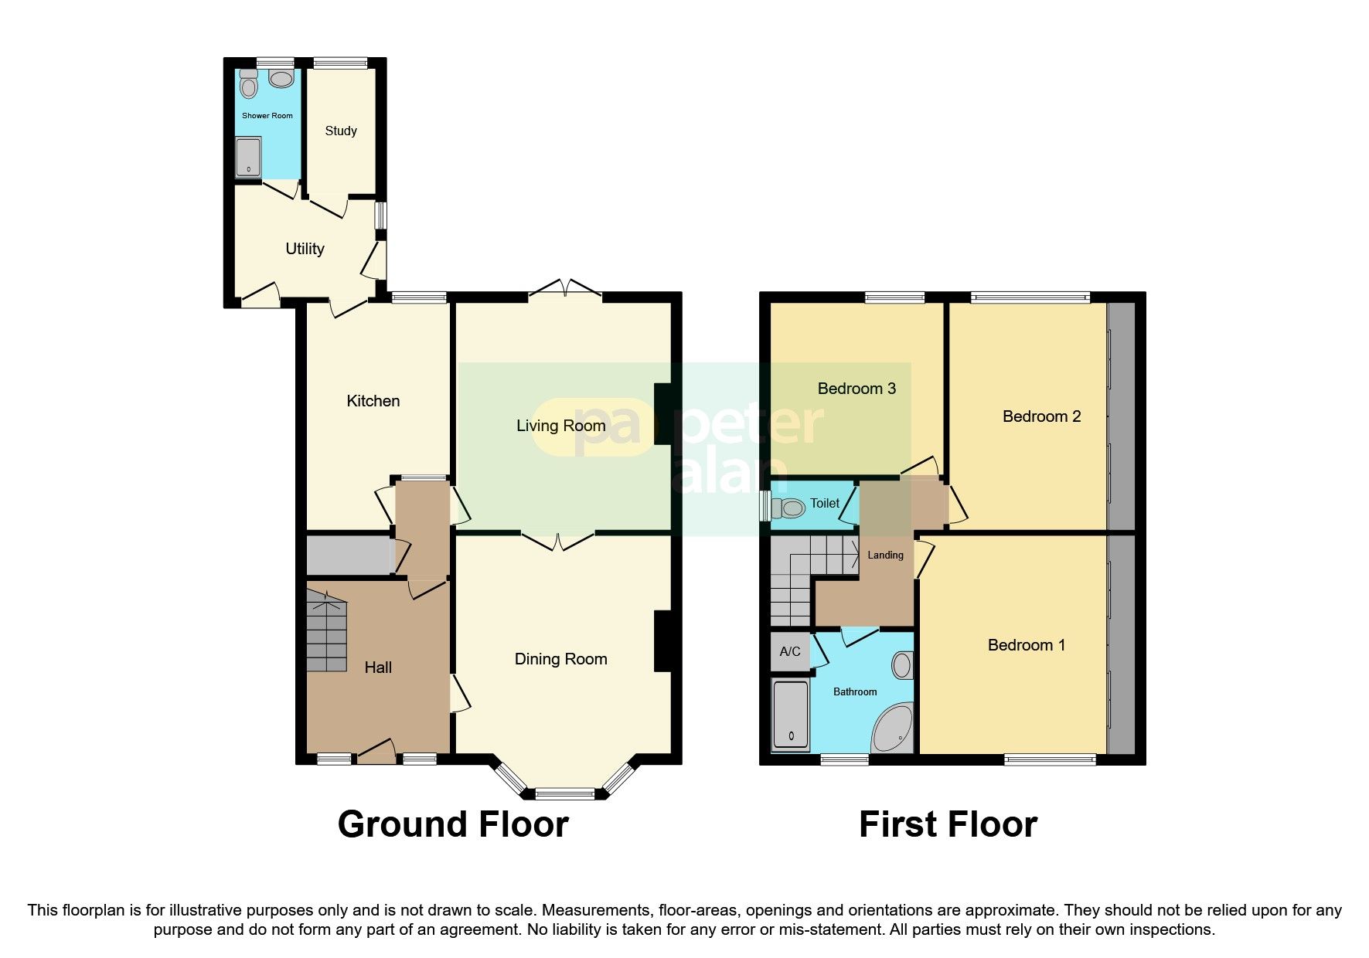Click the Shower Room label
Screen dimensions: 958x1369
267,116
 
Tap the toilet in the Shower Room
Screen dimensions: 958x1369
248,84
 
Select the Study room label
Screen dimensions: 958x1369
341,131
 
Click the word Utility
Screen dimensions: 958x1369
305,249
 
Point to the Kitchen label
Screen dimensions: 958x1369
373,401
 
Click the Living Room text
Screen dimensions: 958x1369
560,426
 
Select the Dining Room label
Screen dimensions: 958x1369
560,659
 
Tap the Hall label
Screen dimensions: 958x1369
378,668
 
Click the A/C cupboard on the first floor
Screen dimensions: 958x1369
789,652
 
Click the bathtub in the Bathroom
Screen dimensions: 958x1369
791,715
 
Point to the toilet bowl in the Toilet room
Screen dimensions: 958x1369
791,508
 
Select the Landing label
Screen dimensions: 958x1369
885,555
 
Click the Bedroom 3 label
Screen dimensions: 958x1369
856,389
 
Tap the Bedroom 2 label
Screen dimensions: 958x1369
1041,416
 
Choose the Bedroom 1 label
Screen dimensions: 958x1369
1026,645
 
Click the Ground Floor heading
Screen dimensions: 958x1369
453,824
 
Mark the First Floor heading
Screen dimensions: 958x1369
948,824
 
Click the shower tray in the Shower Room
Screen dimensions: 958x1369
248,158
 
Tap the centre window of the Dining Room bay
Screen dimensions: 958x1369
565,793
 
